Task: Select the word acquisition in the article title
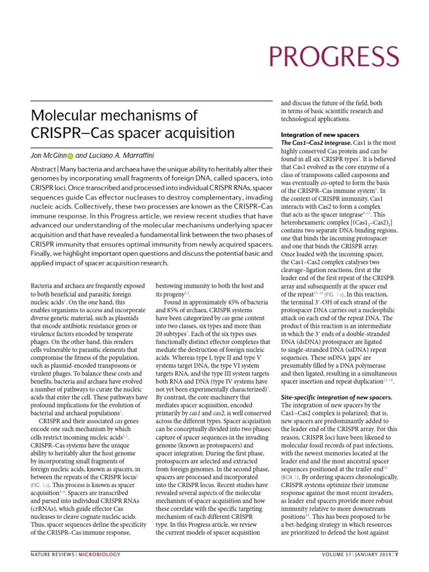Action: coord(198,134)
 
